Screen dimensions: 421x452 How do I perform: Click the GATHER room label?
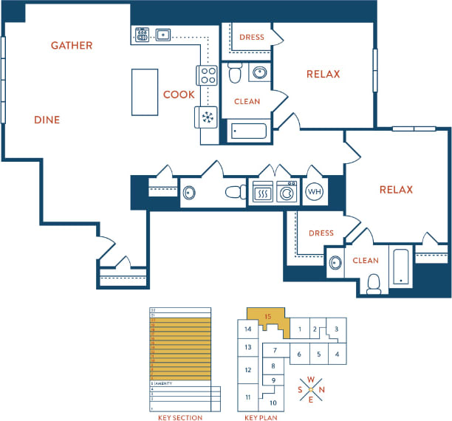[x=72, y=46]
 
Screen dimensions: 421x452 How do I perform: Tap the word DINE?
[x=47, y=120]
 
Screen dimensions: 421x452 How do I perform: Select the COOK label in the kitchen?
[x=179, y=95]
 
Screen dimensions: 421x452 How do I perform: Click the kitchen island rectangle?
[x=145, y=92]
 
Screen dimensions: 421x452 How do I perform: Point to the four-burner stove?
[x=208, y=75]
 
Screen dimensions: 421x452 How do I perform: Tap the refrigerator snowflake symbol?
[x=208, y=117]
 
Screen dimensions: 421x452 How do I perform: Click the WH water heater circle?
[x=314, y=191]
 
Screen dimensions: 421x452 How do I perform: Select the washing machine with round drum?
[x=286, y=192]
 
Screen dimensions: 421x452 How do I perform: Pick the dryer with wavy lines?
[x=263, y=192]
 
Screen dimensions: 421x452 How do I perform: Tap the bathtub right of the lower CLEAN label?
[x=401, y=267]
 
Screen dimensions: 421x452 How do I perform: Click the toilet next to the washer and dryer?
[x=235, y=192]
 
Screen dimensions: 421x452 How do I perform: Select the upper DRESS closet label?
[x=252, y=37]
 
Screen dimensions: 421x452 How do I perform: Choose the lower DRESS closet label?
[x=321, y=233]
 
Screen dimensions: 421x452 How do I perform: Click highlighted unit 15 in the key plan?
[x=268, y=317]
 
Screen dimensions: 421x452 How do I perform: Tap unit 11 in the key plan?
[x=247, y=397]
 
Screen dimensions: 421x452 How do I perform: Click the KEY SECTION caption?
[x=180, y=417]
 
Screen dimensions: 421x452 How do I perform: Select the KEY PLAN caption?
[x=261, y=417]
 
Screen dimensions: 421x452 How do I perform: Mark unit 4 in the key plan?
[x=337, y=354]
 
